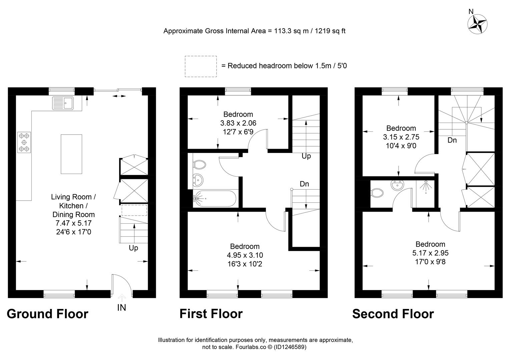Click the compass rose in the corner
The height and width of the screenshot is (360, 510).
pyautogui.click(x=477, y=24)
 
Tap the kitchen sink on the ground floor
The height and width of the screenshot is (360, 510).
pyautogui.click(x=63, y=103)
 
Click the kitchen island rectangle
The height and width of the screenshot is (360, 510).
pyautogui.click(x=71, y=154)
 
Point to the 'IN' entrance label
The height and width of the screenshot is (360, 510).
pyautogui.click(x=122, y=308)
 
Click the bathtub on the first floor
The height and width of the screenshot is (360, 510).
pyautogui.click(x=215, y=198)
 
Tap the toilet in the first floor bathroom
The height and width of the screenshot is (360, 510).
pyautogui.click(x=199, y=165)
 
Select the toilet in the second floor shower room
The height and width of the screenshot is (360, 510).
pyautogui.click(x=377, y=193)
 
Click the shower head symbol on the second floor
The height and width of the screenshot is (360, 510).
pyautogui.click(x=426, y=187)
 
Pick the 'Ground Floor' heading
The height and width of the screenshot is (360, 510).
pyautogui.click(x=47, y=314)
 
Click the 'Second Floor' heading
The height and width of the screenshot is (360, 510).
pyautogui.click(x=393, y=314)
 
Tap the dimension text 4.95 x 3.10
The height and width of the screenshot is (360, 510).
pyautogui.click(x=245, y=255)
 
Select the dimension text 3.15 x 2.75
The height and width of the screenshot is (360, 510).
pyautogui.click(x=401, y=137)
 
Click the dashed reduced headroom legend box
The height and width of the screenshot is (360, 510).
pyautogui.click(x=200, y=66)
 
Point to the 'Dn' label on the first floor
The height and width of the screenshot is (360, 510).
pyautogui.click(x=304, y=184)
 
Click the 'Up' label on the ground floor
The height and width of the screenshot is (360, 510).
pyautogui.click(x=133, y=248)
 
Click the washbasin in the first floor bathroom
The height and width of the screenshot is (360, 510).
pyautogui.click(x=197, y=180)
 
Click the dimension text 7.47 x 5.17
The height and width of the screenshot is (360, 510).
pyautogui.click(x=73, y=223)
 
